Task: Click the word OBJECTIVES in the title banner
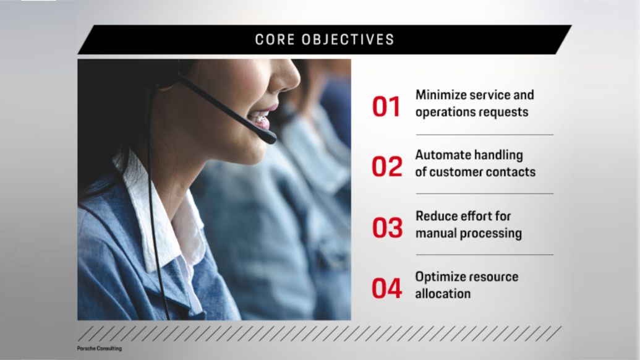click(x=348, y=40)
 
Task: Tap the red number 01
click(x=386, y=107)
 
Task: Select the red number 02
click(x=386, y=166)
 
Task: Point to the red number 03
click(x=387, y=228)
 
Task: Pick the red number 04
click(x=386, y=288)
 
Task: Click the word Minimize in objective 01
click(x=441, y=95)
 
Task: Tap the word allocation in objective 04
click(x=443, y=293)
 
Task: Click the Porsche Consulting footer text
click(x=99, y=349)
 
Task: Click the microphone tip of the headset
click(x=270, y=139)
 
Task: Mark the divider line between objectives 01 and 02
click(x=485, y=135)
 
